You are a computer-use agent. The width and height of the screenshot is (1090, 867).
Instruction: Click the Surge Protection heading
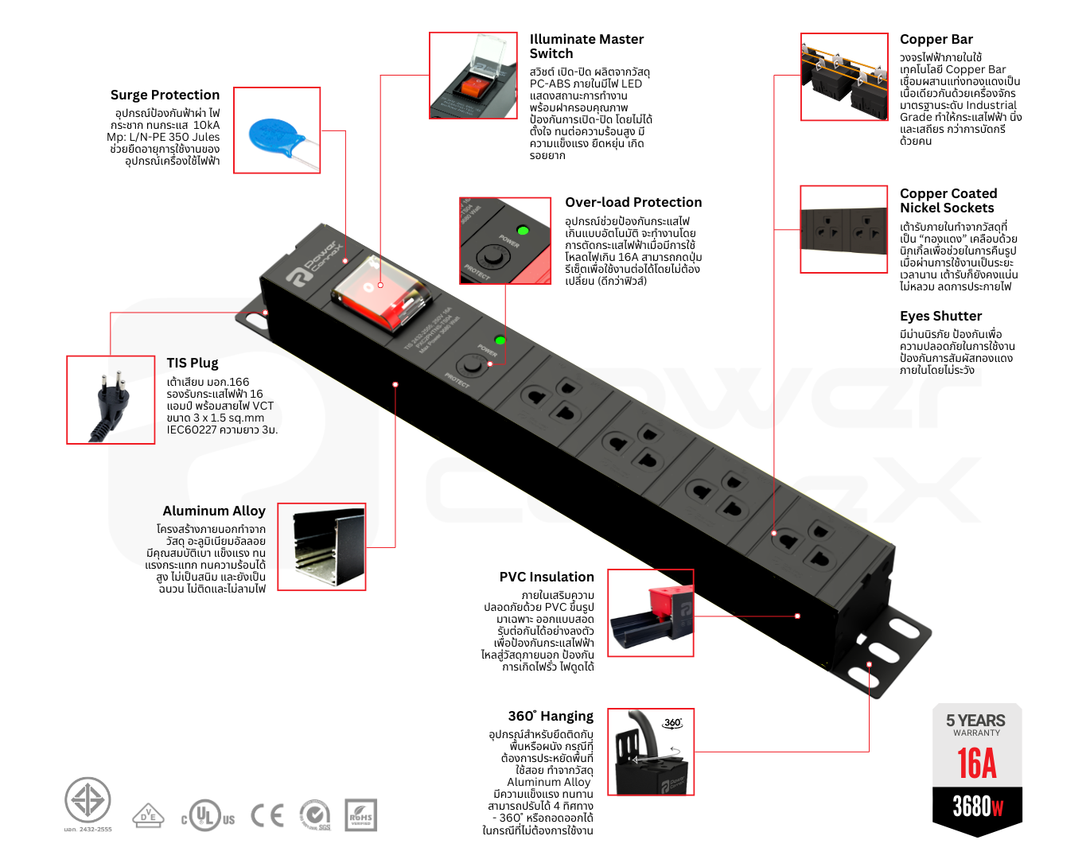(x=165, y=95)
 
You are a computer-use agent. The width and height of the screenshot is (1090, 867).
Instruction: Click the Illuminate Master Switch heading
(x=586, y=46)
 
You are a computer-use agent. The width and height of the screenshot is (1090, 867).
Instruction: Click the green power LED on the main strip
(x=500, y=340)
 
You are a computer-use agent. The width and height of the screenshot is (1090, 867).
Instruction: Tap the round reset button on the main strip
(x=472, y=366)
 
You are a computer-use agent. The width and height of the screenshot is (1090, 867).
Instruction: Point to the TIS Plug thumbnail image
(x=111, y=399)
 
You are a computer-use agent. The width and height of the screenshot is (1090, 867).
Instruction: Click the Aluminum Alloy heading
(x=214, y=511)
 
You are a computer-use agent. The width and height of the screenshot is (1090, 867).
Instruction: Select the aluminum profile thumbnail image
(x=321, y=546)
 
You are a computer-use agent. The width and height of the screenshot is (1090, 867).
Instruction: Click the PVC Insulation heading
(x=547, y=577)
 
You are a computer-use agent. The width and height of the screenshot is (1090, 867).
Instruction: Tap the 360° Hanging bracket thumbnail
(x=651, y=752)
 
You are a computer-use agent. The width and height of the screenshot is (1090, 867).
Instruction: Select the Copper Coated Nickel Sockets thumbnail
(x=843, y=230)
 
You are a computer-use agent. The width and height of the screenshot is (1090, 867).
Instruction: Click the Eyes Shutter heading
(x=940, y=316)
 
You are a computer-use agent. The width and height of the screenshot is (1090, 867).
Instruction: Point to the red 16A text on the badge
(x=976, y=764)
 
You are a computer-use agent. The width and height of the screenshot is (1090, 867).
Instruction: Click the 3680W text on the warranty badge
(x=977, y=807)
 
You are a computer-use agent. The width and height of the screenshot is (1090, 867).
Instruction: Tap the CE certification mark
(x=267, y=815)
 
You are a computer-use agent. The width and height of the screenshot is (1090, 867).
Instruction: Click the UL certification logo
(x=208, y=816)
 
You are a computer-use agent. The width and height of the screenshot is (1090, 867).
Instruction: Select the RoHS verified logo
(x=360, y=816)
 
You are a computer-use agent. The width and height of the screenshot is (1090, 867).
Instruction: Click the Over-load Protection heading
(x=633, y=202)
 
